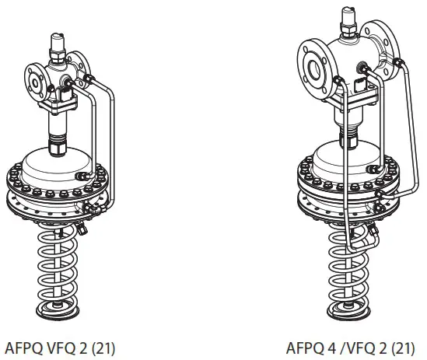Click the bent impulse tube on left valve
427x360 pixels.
(x=107, y=132)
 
